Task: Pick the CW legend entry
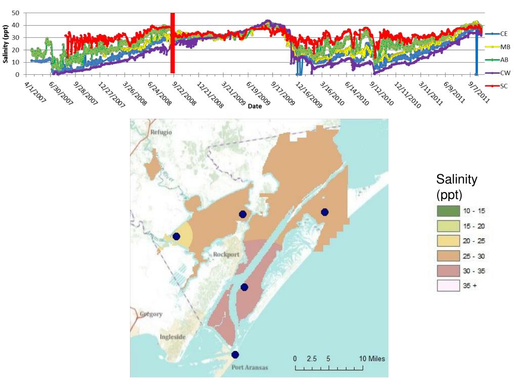504,73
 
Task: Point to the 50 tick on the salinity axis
15,13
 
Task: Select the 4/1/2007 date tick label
34,94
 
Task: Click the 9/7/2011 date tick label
479,93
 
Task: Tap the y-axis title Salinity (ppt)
5,44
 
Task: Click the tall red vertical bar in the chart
172,43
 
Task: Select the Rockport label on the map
226,254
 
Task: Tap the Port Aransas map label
249,367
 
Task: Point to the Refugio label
161,132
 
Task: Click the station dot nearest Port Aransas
235,355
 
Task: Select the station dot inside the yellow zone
177,236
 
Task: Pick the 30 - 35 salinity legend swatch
447,270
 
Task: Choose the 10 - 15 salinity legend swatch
447,211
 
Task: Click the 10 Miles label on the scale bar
372,359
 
